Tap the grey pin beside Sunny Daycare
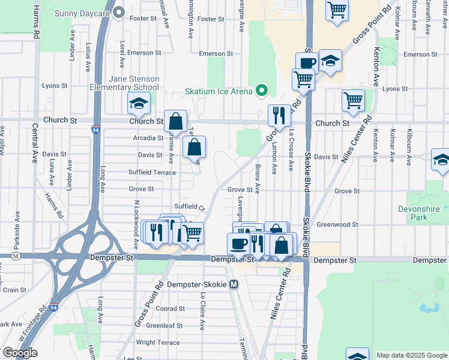pyautogui.click(x=119, y=12)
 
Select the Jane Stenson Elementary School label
pyautogui.click(x=133, y=83)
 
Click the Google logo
pyautogui.click(x=20, y=353)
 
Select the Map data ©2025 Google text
pyautogui.click(x=411, y=355)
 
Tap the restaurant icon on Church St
pyautogui.click(x=279, y=116)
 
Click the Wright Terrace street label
pyautogui.click(x=158, y=343)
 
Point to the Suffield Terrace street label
pyautogui.click(x=152, y=172)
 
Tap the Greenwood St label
pyautogui.click(x=337, y=225)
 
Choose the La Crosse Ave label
pyautogui.click(x=292, y=149)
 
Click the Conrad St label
pyautogui.click(x=165, y=310)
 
